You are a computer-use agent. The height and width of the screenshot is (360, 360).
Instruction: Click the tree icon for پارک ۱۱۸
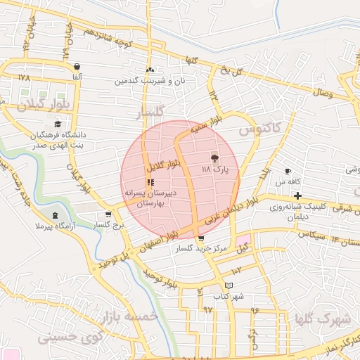point(214,157)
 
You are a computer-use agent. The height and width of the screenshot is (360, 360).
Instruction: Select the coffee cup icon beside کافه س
point(288,171)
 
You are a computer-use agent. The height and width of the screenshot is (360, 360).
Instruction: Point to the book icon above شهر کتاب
point(228,285)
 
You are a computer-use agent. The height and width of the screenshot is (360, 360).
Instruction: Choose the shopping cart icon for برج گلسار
point(108,214)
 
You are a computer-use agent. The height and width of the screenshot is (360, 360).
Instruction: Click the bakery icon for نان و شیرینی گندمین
point(149,70)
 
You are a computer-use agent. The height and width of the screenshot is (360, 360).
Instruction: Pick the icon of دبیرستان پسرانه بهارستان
point(150,182)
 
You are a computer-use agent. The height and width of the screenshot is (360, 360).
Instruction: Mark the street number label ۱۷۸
point(25,77)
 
